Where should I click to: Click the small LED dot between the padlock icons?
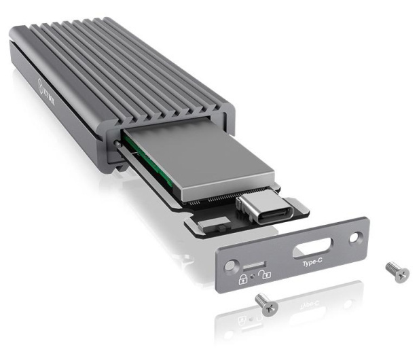tap(252, 276)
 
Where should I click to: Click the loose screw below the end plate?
tap(266, 304)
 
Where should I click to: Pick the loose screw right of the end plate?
tap(397, 271)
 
